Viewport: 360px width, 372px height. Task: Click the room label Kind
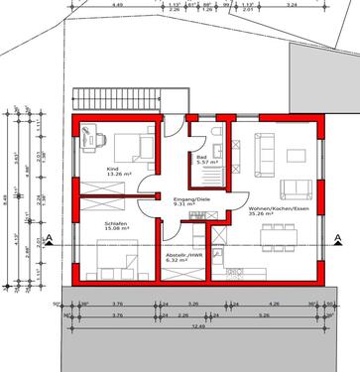113,171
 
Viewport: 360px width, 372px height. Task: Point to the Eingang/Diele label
192,200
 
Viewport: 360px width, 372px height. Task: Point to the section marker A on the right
339,236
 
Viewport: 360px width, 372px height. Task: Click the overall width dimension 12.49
198,323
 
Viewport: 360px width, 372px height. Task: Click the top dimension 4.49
118,4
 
